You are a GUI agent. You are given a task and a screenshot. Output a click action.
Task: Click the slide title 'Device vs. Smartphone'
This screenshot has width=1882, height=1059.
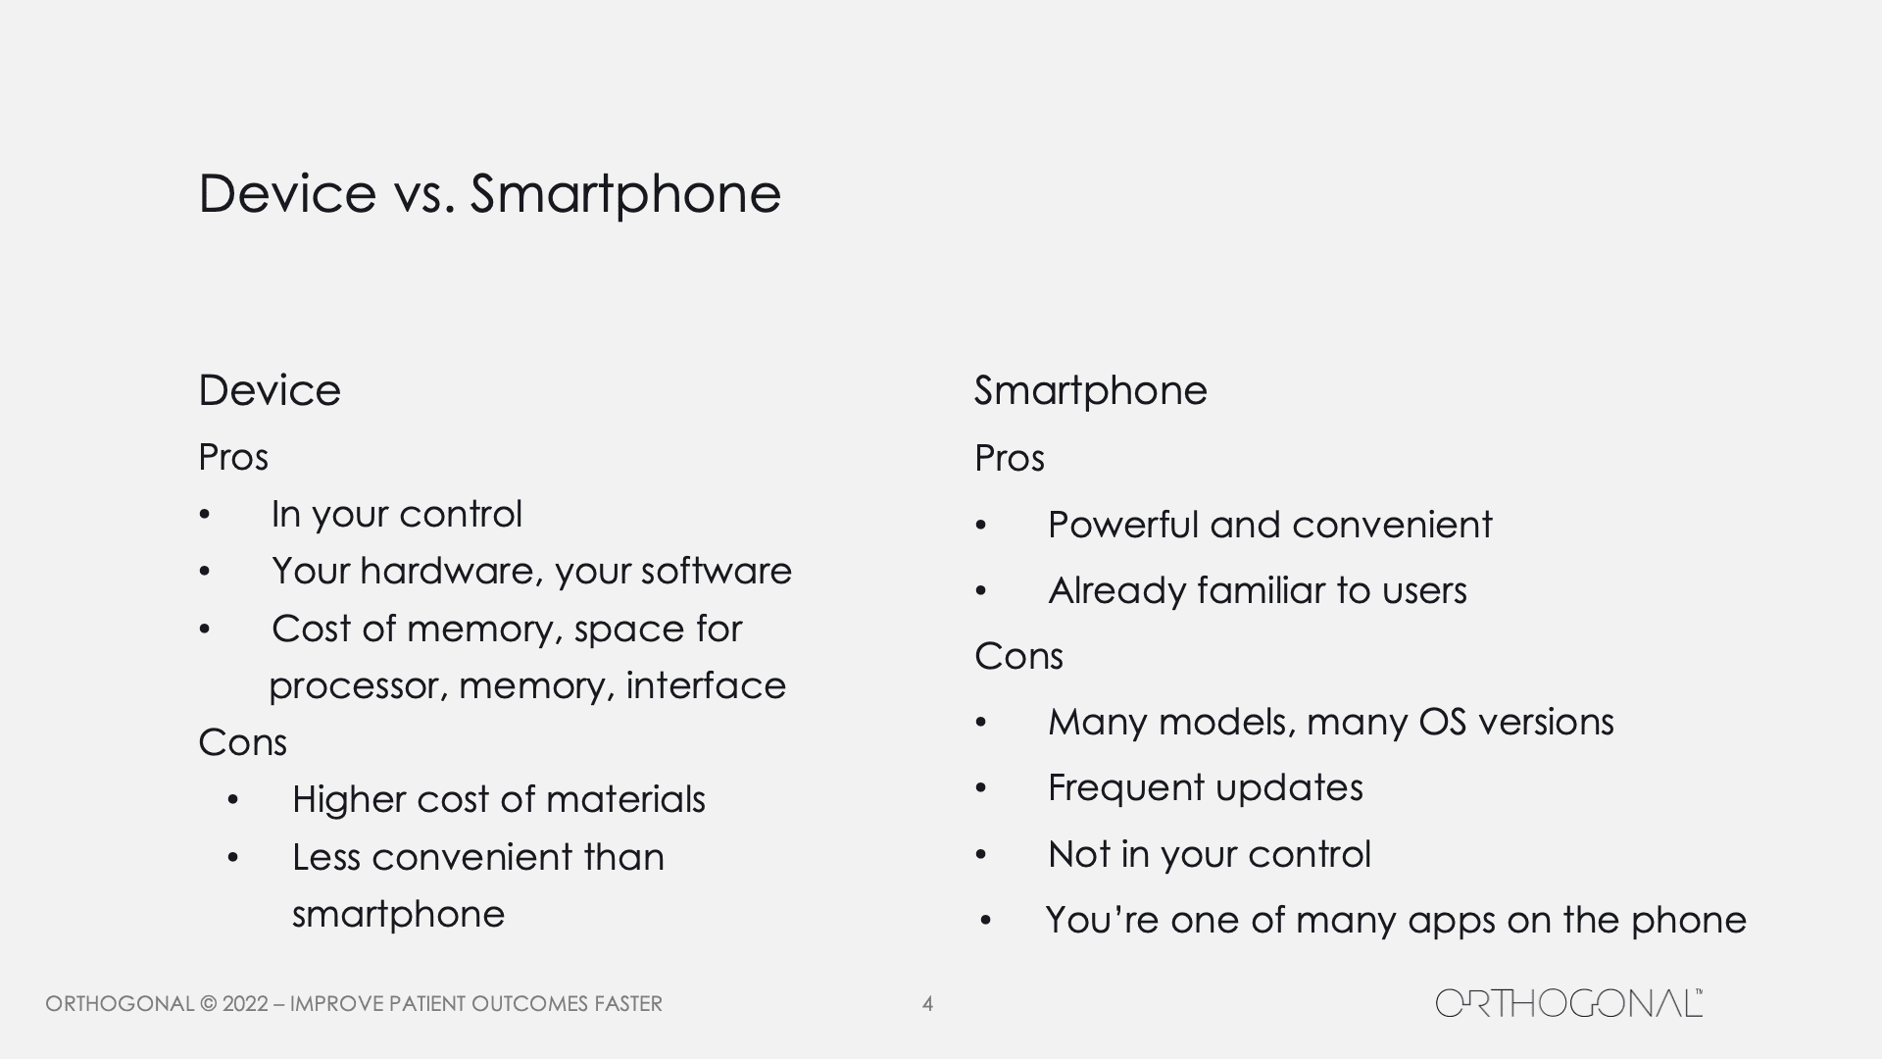point(489,193)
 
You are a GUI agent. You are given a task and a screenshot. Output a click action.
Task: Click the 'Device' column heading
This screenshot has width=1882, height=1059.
point(270,390)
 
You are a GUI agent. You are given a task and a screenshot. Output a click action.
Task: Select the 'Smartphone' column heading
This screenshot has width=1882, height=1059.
point(1090,391)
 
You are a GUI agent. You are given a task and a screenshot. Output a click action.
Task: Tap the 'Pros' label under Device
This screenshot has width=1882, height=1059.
point(233,457)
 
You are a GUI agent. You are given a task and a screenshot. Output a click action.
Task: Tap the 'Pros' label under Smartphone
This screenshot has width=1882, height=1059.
point(1010,458)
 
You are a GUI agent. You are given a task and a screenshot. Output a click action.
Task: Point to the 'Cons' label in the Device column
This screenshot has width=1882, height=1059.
point(242,742)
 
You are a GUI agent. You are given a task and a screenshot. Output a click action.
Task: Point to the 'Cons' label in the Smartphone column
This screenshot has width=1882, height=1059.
point(1018,656)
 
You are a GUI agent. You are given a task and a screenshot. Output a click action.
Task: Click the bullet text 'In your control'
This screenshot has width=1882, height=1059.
point(397,515)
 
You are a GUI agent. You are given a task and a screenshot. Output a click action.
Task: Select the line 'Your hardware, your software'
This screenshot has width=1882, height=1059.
point(531,572)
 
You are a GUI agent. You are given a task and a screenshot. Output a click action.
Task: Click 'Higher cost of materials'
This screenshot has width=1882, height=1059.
point(499,799)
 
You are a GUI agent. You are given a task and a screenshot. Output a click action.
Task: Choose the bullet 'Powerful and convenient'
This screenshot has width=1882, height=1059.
point(1269,525)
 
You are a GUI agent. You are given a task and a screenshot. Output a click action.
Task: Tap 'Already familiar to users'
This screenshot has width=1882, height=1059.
point(1258,590)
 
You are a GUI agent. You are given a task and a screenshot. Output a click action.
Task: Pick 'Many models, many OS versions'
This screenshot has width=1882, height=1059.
point(1331,723)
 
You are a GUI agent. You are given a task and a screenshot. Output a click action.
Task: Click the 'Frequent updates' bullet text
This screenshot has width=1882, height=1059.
point(1206,788)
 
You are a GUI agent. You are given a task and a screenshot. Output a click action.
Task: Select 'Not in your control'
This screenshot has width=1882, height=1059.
point(1210,855)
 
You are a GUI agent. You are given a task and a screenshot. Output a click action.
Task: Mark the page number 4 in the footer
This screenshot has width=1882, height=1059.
point(927,1004)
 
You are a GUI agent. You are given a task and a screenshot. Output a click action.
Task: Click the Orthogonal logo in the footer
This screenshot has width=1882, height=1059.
point(1569,1003)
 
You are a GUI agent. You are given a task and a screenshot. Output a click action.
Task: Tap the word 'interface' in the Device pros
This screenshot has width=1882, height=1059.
point(706,685)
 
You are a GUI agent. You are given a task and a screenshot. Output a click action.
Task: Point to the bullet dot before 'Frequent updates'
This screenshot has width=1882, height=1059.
point(981,789)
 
